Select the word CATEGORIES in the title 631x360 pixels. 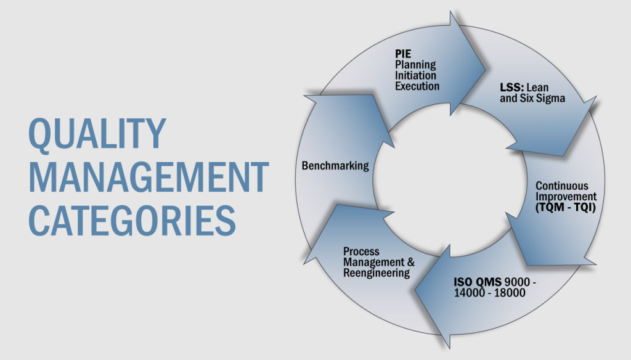click(x=132, y=219)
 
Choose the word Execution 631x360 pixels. click(x=417, y=86)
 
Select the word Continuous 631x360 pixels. click(x=561, y=186)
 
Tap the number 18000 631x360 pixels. click(x=508, y=293)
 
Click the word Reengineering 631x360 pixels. click(x=377, y=273)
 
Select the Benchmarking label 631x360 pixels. click(x=335, y=165)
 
